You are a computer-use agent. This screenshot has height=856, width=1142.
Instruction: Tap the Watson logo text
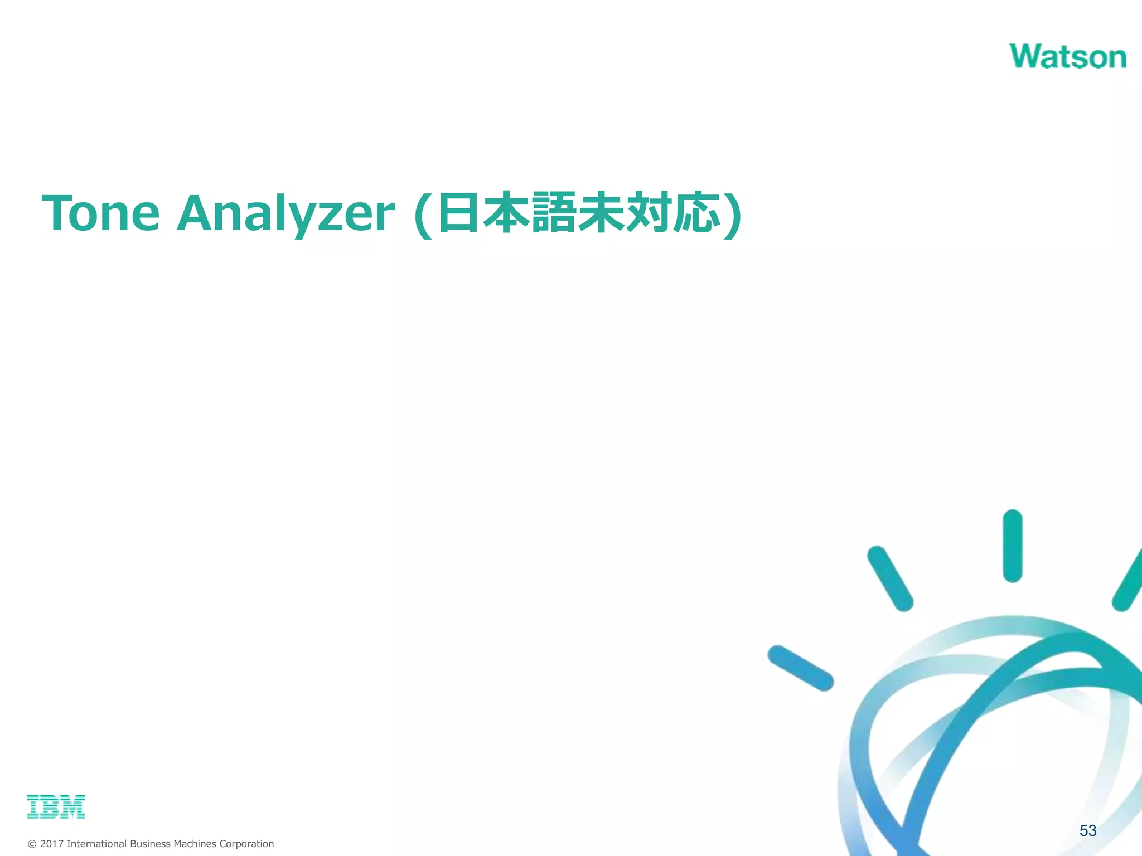point(1067,56)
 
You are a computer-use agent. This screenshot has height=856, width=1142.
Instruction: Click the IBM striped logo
point(56,806)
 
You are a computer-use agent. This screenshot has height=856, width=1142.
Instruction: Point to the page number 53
point(1087,831)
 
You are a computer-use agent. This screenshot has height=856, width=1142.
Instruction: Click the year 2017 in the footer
point(51,844)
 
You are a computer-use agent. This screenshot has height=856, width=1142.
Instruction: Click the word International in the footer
point(96,844)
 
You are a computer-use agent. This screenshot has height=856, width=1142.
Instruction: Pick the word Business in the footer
point(150,844)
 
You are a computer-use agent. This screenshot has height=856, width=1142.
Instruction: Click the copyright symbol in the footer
point(32,844)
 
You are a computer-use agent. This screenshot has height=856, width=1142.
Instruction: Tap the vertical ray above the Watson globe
point(1012,546)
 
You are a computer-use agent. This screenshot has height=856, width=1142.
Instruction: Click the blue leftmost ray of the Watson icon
point(800,668)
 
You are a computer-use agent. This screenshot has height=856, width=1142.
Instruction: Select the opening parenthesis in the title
point(424,215)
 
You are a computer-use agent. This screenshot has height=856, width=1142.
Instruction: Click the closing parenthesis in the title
point(732,215)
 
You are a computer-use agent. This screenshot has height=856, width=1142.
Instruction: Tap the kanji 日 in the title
point(458,213)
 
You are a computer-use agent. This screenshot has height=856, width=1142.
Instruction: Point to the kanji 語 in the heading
point(553,213)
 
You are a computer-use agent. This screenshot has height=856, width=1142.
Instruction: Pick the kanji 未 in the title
point(601,213)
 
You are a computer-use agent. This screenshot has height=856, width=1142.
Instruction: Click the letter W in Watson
point(1028,56)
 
